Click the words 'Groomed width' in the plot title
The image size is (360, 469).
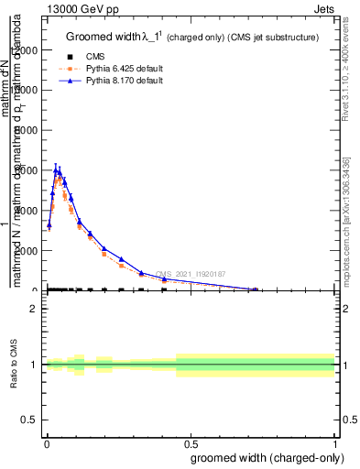tap(98, 38)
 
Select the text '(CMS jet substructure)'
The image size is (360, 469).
tap(272, 38)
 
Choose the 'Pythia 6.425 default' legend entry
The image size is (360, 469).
tap(115, 68)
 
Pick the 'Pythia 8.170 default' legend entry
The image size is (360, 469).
tap(115, 81)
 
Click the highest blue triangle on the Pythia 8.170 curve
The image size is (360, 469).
tap(56, 169)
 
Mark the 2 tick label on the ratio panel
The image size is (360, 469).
tap(33, 309)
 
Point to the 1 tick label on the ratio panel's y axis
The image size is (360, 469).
tap(33, 365)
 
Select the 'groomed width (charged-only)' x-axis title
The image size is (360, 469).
tap(264, 457)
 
